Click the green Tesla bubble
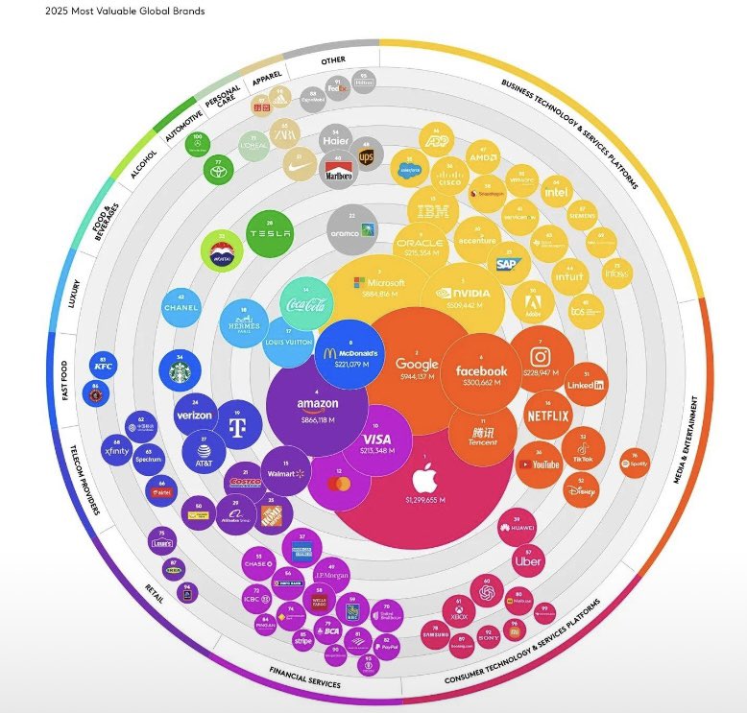pos(269,234)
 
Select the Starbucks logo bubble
pos(181,368)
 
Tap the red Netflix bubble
pos(548,415)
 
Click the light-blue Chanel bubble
pos(181,308)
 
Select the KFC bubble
pos(102,365)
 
